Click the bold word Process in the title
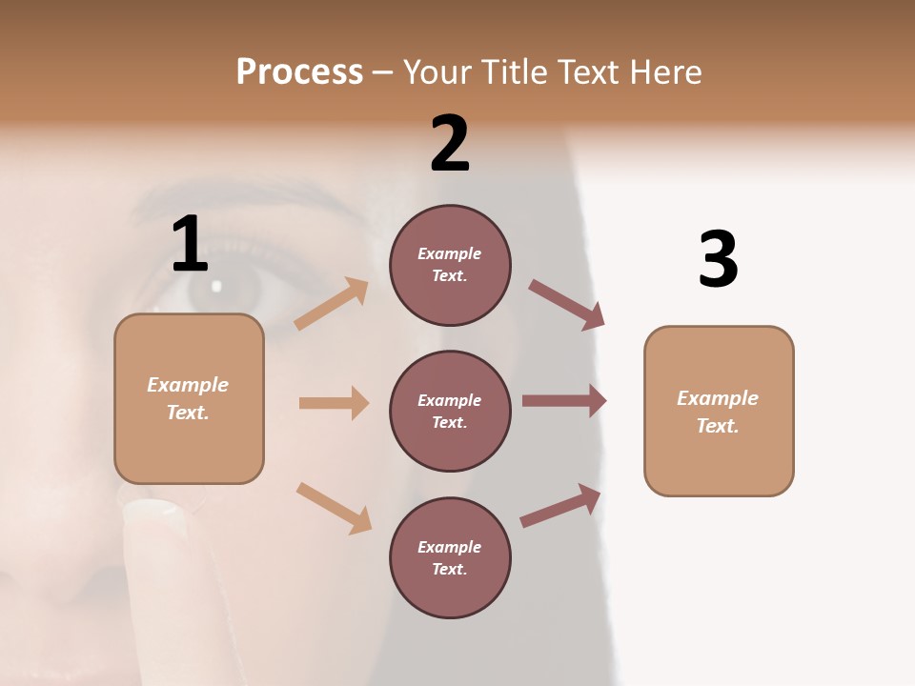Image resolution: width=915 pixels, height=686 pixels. tap(299, 71)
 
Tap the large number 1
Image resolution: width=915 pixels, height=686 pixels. tap(190, 244)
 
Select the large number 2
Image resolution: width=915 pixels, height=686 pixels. tap(450, 143)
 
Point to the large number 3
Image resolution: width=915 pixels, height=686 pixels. tap(718, 259)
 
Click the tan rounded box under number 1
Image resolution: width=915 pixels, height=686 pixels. tap(189, 398)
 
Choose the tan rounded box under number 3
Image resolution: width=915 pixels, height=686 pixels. tap(719, 411)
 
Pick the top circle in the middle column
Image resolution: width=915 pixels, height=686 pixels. tap(450, 265)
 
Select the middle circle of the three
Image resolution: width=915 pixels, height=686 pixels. tap(450, 411)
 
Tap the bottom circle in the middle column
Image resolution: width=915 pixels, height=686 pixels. tap(450, 557)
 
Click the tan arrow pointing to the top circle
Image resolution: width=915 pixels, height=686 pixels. tap(332, 303)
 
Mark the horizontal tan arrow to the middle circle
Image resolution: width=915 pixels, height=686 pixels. tap(334, 403)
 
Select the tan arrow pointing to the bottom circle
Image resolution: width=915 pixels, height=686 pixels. tap(334, 507)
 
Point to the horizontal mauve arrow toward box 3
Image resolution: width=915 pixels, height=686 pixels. tap(564, 401)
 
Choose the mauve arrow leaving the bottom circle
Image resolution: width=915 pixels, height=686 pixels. tap(560, 506)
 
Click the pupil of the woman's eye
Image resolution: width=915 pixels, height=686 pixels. tap(217, 286)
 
